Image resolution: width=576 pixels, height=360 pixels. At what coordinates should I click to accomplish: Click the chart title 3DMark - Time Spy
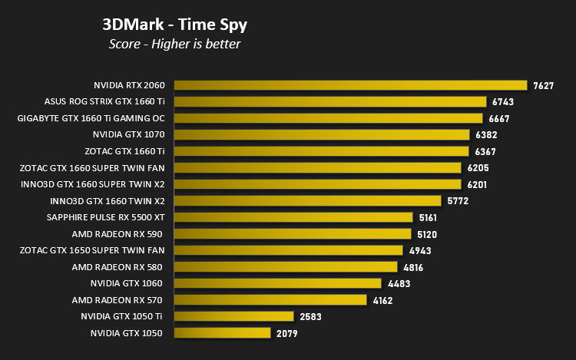(174, 25)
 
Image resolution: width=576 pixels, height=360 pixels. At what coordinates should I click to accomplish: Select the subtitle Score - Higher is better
(174, 44)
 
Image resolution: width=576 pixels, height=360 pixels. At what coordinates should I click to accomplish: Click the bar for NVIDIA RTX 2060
(350, 85)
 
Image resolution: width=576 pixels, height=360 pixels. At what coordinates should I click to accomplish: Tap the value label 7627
(543, 85)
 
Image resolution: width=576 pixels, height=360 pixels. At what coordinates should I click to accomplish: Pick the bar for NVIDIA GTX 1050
(222, 333)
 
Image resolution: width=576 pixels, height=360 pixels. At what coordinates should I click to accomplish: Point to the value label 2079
(287, 334)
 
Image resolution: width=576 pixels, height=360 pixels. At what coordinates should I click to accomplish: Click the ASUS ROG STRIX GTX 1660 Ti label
(104, 101)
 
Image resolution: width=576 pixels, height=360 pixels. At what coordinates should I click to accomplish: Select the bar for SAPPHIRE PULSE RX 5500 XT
(293, 217)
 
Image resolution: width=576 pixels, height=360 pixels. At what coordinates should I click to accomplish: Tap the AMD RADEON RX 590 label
(118, 234)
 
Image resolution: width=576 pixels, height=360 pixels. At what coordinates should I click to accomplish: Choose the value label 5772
(458, 201)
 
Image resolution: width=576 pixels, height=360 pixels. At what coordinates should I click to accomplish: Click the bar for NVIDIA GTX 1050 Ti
(234, 316)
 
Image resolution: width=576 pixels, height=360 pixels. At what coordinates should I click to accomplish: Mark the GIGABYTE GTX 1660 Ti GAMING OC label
(91, 118)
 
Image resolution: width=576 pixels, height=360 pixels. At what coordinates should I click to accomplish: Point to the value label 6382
(486, 135)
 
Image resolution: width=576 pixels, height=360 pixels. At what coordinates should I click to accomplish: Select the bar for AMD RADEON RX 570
(270, 300)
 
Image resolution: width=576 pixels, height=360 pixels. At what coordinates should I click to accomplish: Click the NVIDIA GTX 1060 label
(127, 283)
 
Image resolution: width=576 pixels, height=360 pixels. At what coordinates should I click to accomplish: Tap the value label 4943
(420, 251)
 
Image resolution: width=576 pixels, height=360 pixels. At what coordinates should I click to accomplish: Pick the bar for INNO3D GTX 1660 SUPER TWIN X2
(318, 184)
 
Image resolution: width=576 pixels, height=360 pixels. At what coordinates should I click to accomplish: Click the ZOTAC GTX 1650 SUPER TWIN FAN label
(92, 250)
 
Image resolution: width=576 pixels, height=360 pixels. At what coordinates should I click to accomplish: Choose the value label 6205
(478, 168)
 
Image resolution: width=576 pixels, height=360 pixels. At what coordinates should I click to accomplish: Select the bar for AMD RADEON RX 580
(286, 267)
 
